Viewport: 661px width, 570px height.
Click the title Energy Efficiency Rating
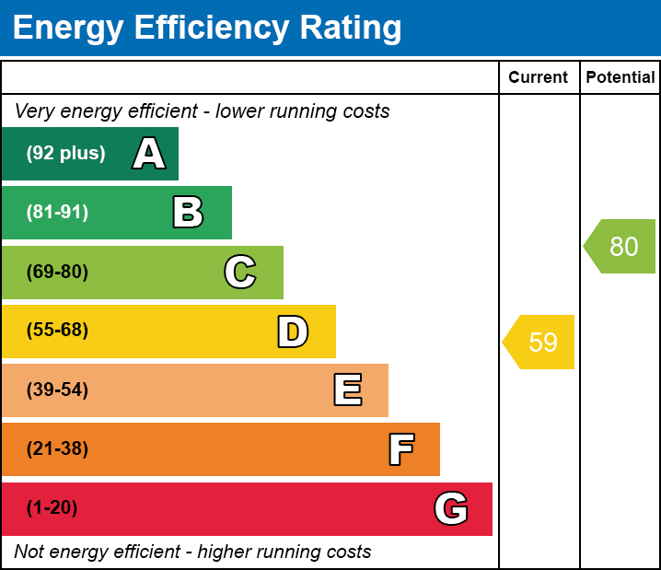[x=207, y=29]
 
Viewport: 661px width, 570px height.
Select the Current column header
[x=539, y=77]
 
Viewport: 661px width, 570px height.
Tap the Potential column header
[x=620, y=77]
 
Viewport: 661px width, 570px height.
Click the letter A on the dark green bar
[x=149, y=154]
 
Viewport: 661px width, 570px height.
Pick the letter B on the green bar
[x=188, y=213]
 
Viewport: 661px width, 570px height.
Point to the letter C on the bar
[x=240, y=272]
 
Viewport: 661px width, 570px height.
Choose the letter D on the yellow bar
[x=293, y=332]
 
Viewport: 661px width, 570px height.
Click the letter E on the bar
[x=347, y=390]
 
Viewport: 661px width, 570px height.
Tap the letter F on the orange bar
[x=400, y=449]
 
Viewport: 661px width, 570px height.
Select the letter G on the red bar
[x=451, y=508]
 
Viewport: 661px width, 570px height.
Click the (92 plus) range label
[x=65, y=154]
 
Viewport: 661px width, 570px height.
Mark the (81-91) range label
[x=57, y=213]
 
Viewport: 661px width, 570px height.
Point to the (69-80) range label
[x=57, y=272]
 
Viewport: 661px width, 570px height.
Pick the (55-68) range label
[x=57, y=331]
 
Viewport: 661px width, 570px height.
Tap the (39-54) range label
[x=57, y=390]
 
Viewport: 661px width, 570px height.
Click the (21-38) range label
[x=57, y=449]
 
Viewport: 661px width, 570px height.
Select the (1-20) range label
[x=52, y=508]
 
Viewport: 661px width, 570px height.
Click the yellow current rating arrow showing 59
[x=540, y=343]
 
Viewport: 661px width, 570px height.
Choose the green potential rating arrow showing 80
[x=621, y=247]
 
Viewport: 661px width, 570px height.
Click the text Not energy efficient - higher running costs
[x=192, y=553]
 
